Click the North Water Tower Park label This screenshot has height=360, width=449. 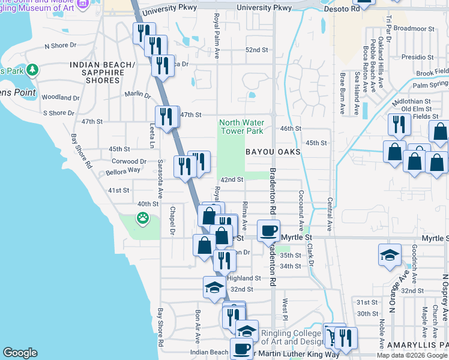[x=242, y=126]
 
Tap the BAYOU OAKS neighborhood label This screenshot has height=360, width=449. [x=273, y=152]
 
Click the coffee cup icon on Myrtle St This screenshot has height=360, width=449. [x=268, y=230]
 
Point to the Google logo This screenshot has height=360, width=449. [x=20, y=353]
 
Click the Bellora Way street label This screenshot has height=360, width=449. [x=125, y=170]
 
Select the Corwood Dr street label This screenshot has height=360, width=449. [x=129, y=161]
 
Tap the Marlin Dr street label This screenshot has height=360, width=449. [x=137, y=94]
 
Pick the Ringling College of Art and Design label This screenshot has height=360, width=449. [x=292, y=338]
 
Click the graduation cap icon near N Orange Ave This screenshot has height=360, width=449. [x=390, y=255]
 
